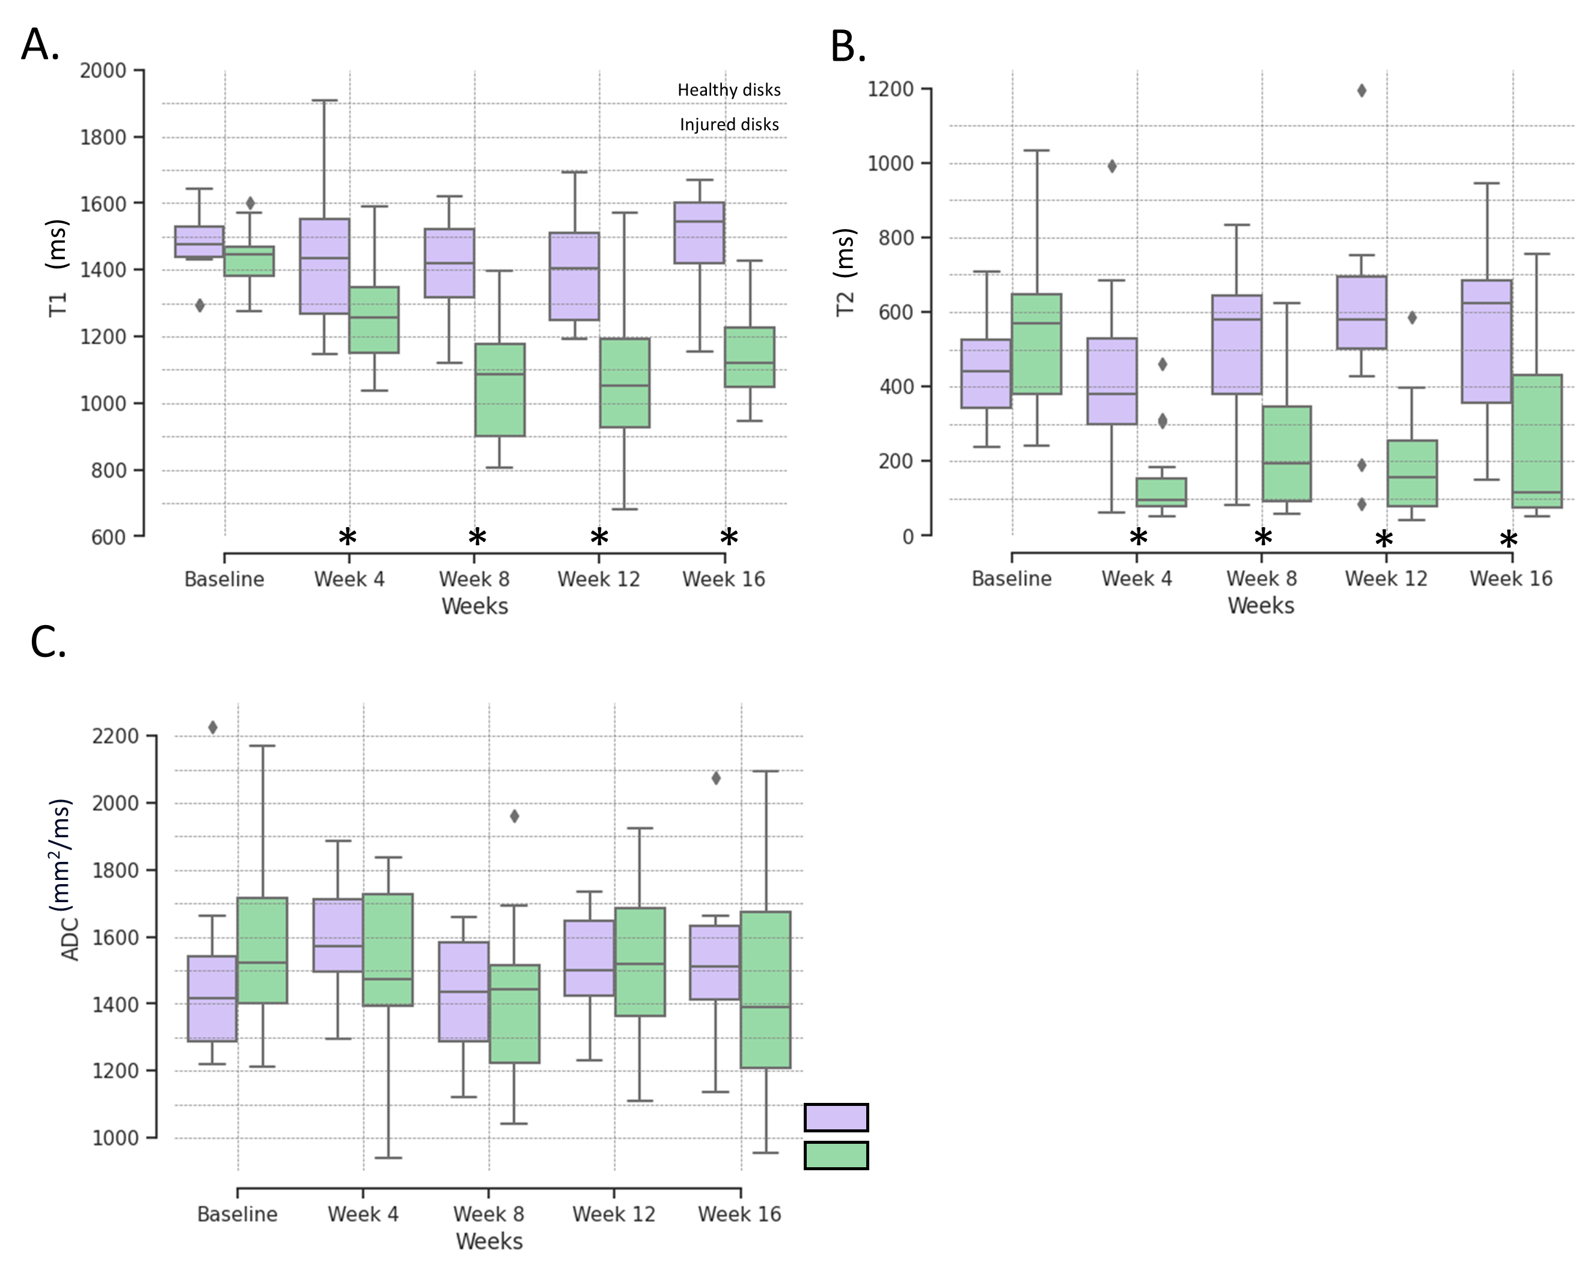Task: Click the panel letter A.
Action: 40,45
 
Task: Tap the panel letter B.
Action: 848,46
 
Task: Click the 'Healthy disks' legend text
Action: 729,90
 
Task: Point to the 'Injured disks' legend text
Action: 729,124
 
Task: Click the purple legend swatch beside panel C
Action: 836,1117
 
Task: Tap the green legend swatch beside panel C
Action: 836,1155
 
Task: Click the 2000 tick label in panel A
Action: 103,71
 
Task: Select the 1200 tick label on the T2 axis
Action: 891,89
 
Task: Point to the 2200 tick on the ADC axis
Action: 115,736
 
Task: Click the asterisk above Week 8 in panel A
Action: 477,538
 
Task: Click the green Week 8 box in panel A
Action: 500,390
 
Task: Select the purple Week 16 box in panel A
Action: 699,233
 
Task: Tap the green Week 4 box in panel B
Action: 1161,492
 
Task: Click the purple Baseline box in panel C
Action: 212,998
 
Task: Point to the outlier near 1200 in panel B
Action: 1362,91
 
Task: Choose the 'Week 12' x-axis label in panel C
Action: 614,1214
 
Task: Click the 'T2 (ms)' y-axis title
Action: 846,272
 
